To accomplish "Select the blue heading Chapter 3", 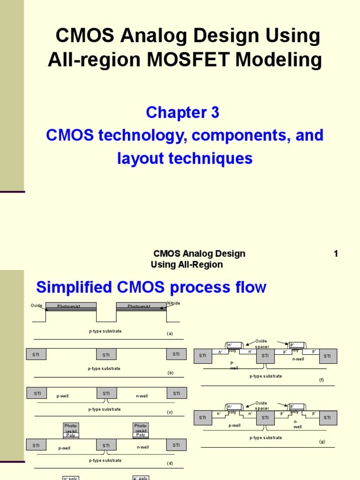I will [x=182, y=112].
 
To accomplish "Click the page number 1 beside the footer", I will [x=336, y=254].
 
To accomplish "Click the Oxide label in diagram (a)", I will [x=37, y=306].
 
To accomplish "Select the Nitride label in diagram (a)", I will [x=173, y=303].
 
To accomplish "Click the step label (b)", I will [x=170, y=373].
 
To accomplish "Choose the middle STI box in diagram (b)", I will [x=106, y=355].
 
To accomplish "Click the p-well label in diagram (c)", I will [x=62, y=396].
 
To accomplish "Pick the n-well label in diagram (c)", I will [x=142, y=396].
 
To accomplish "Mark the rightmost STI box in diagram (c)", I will [x=176, y=393].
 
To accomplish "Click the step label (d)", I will [x=170, y=463].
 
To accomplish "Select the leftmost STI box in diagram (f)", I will [x=202, y=356].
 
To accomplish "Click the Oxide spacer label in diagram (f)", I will [x=262, y=344].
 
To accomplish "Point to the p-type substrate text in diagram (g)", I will [x=266, y=438].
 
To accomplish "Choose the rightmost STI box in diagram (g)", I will [x=328, y=418].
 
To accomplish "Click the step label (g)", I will [x=322, y=442].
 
